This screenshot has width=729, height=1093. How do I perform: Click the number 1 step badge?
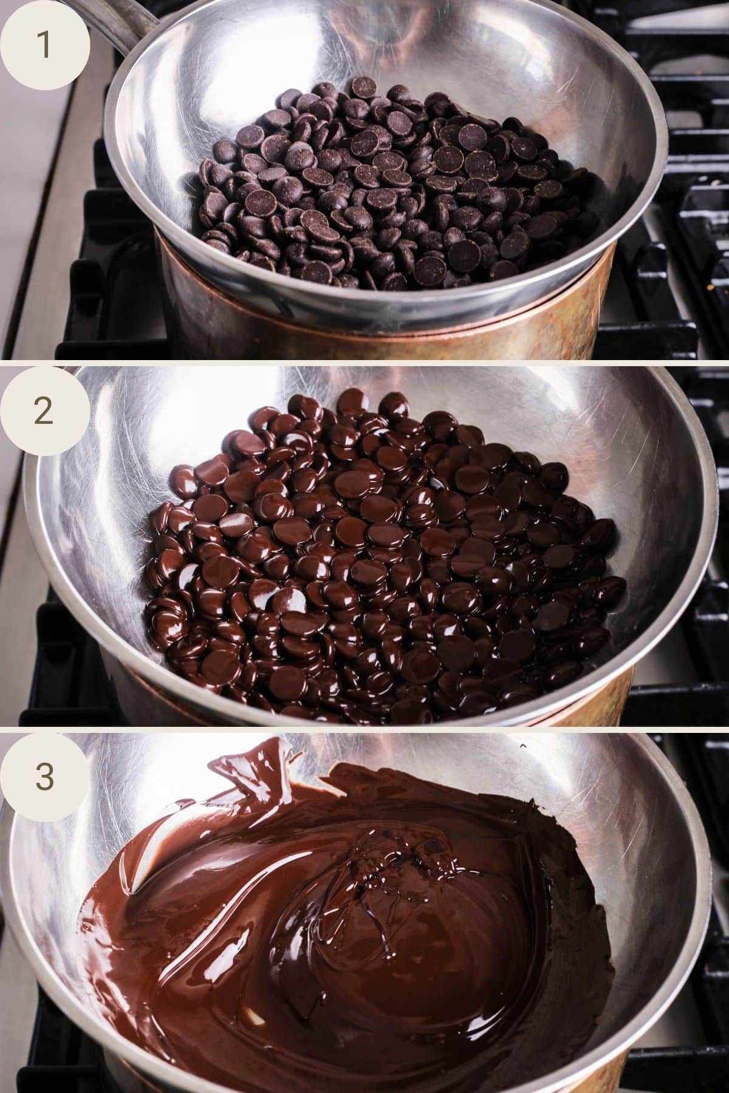[x=44, y=46]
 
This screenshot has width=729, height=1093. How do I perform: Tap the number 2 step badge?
[x=44, y=411]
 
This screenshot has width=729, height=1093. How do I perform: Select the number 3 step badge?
[x=44, y=776]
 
